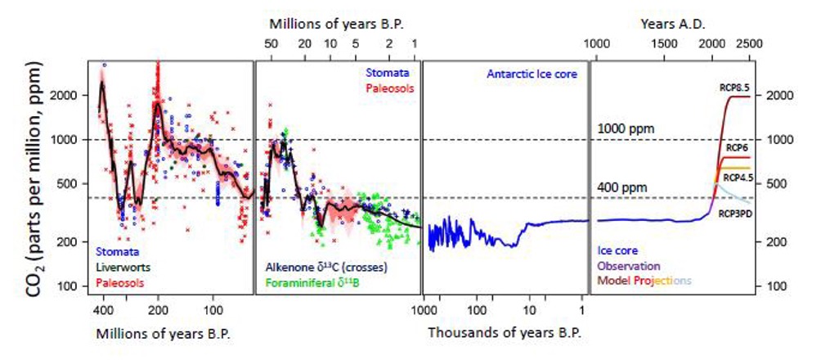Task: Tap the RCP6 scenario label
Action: tap(736, 146)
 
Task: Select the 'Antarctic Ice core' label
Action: tap(532, 74)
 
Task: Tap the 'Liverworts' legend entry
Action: tap(120, 267)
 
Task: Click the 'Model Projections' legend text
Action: tap(645, 280)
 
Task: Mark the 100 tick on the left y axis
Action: tap(69, 286)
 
